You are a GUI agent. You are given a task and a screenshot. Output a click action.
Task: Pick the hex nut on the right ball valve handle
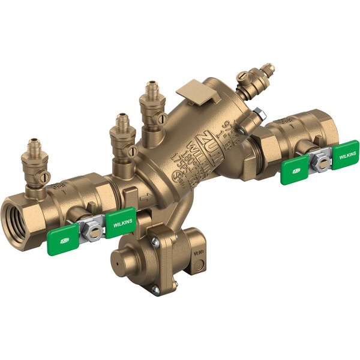[320, 160]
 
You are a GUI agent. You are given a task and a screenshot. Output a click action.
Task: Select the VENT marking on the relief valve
[199, 254]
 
